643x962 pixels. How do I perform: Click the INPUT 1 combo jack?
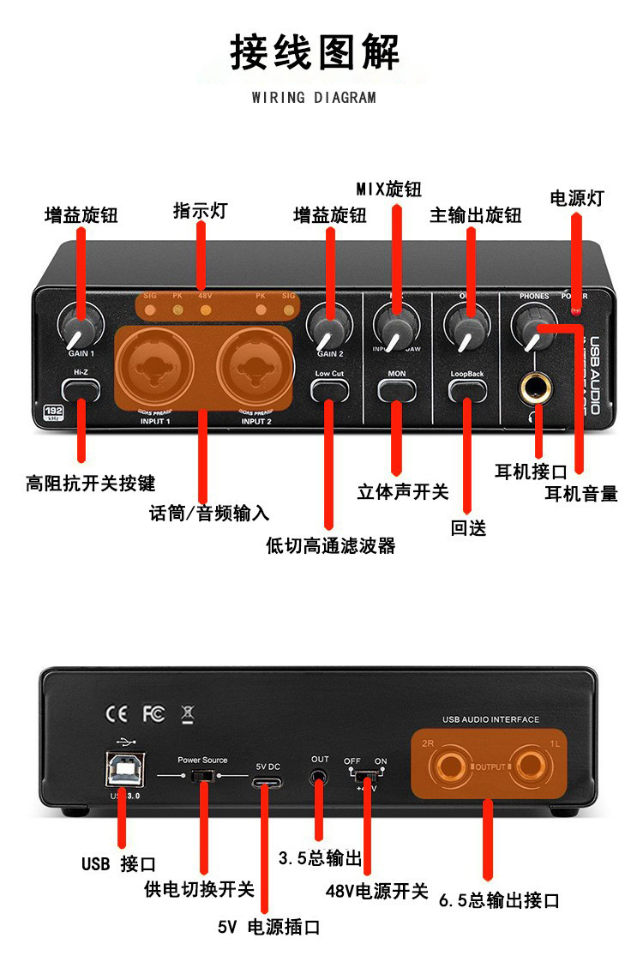click(x=158, y=367)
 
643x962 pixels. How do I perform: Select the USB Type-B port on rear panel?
click(x=124, y=769)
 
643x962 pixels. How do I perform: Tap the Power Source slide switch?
click(x=202, y=776)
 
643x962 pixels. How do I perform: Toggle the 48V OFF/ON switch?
click(x=365, y=776)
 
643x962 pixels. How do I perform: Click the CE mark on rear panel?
click(x=116, y=712)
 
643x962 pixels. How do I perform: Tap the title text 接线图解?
click(x=315, y=53)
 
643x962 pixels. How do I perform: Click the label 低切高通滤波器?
click(x=331, y=545)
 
